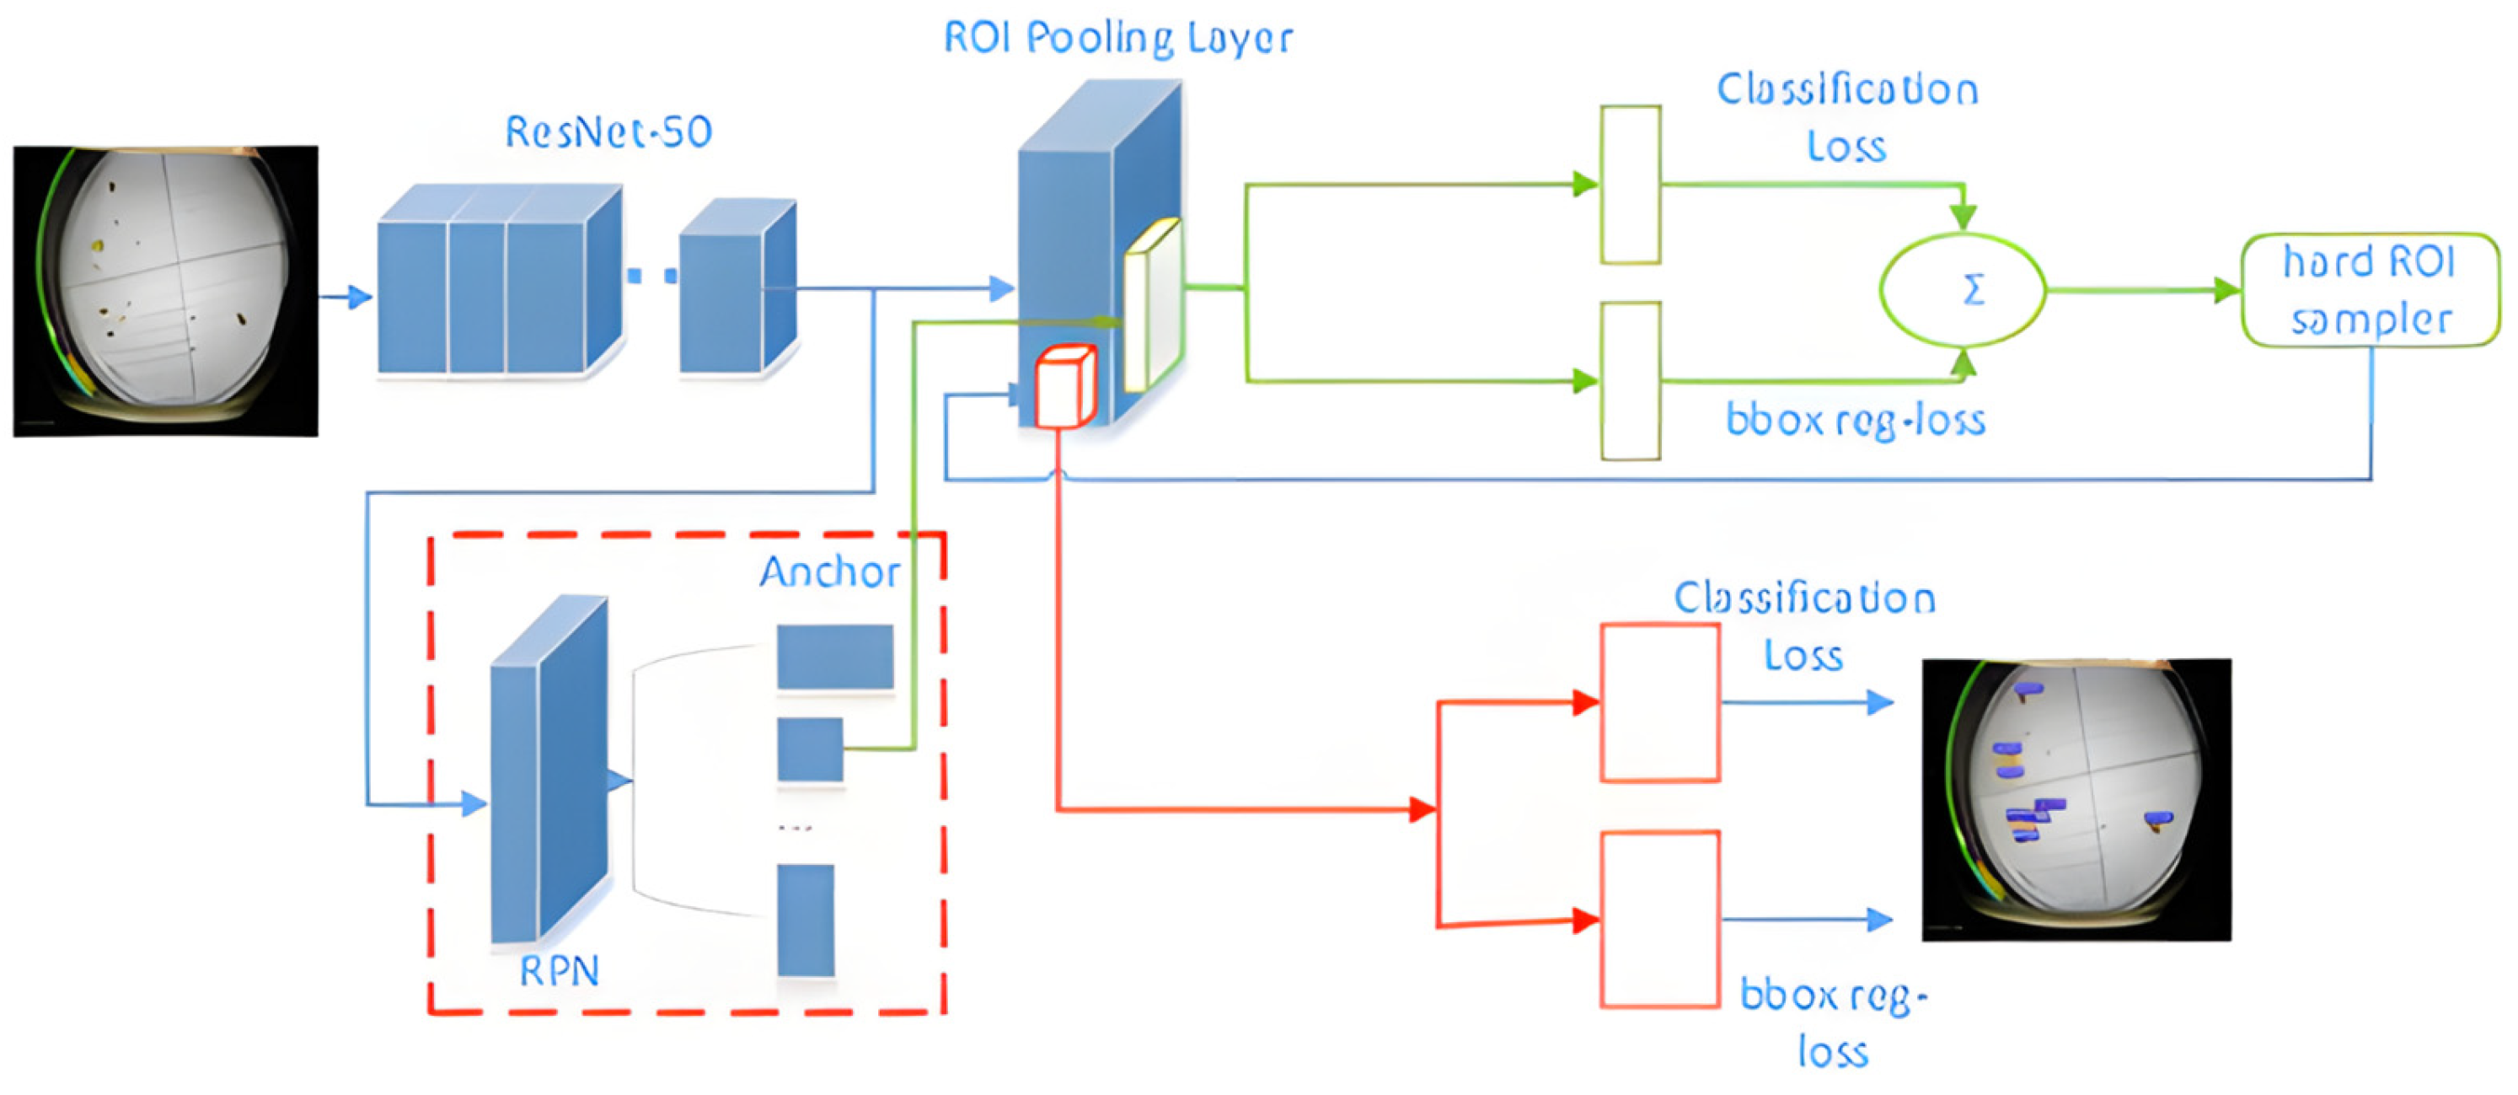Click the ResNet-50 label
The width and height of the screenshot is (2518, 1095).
tap(608, 132)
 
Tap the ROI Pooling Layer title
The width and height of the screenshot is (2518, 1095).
tap(1117, 39)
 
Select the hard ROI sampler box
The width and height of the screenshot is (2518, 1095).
tap(2370, 290)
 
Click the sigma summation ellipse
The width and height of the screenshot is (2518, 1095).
tap(1962, 290)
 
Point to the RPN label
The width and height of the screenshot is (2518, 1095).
tap(558, 971)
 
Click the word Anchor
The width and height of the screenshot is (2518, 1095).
tap(829, 572)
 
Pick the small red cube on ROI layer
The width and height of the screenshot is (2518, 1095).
tap(1063, 387)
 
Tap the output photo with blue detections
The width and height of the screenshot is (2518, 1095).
tap(2076, 800)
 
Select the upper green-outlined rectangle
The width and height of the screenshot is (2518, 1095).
tap(1630, 185)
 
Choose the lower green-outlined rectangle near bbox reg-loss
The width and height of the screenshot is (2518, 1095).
tap(1630, 380)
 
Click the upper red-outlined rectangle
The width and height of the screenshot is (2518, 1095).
tap(1658, 702)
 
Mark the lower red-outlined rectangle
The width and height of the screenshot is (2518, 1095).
tap(1658, 919)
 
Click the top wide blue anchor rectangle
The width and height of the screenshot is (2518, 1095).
tap(835, 657)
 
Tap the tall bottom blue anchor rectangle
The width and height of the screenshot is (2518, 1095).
tap(806, 919)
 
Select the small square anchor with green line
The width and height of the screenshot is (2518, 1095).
tap(809, 749)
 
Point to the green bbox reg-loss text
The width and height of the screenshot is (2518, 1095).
tap(1854, 421)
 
